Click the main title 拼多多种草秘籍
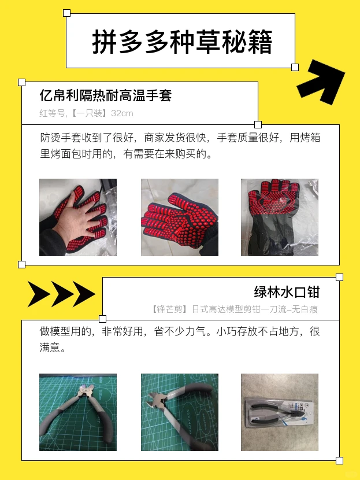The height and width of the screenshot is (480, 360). tap(181, 42)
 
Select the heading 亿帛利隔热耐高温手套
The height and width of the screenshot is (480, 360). tap(106, 95)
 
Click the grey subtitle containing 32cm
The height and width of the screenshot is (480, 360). tap(86, 113)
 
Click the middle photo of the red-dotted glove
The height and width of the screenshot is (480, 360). tap(180, 217)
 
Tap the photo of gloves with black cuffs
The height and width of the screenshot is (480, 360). tap(279, 217)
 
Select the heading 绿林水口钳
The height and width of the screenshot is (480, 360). tap(287, 291)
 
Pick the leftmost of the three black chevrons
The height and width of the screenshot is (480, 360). tap(39, 294)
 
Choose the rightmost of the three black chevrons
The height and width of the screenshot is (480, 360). tap(83, 294)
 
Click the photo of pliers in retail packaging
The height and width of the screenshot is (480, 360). tap(279, 412)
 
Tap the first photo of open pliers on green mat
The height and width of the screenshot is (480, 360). tap(78, 412)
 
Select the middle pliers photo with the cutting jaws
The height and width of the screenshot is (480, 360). tap(180, 412)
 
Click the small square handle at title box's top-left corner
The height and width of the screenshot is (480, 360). tap(66, 13)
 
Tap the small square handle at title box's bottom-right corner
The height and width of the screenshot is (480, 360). tap(295, 68)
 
